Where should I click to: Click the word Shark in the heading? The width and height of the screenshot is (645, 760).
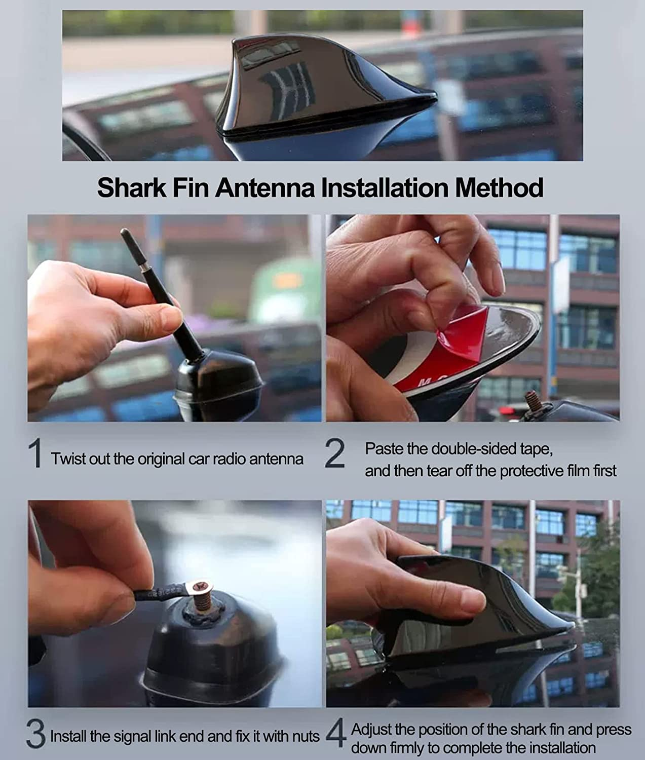tap(131, 187)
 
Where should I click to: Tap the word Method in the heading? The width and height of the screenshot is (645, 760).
tap(499, 187)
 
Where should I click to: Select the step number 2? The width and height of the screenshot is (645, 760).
tap(334, 454)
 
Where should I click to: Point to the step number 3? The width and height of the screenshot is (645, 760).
tap(35, 735)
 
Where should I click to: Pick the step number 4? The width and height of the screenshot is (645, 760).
tap(335, 735)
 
